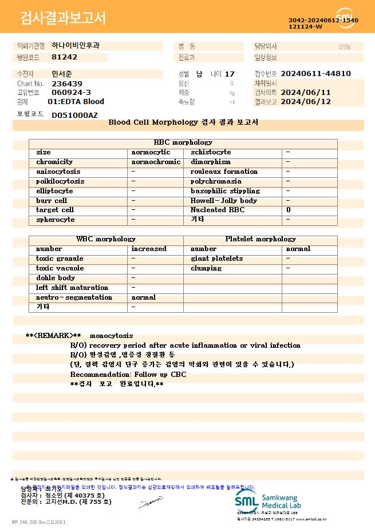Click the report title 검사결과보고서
click(x=63, y=18)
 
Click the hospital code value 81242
click(x=64, y=57)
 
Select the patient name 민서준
click(x=62, y=74)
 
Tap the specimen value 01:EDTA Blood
click(x=76, y=102)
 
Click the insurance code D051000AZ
click(x=74, y=115)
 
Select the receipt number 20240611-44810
click(x=315, y=74)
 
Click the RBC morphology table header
click(x=183, y=142)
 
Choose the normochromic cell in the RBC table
click(x=156, y=162)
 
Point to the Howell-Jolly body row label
click(x=223, y=201)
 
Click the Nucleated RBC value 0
click(x=288, y=210)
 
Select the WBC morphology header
click(x=106, y=239)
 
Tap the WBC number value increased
click(x=149, y=249)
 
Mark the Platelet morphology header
click(x=260, y=239)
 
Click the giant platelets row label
click(x=216, y=258)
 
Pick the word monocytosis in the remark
click(x=111, y=336)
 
